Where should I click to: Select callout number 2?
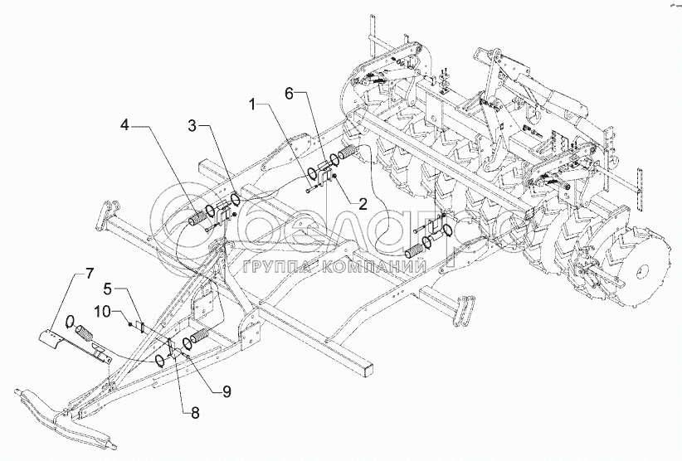point(363,202)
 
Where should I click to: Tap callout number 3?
point(192,126)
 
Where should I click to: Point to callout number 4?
point(124,126)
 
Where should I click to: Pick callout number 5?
point(109,289)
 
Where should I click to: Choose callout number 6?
point(291,92)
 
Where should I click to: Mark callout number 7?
point(88,274)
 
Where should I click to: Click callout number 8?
point(195,413)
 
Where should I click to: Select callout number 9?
point(227,391)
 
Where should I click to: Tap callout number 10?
point(104,311)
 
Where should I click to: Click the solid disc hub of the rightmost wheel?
point(644,272)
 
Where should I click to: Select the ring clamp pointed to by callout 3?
point(235,200)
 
